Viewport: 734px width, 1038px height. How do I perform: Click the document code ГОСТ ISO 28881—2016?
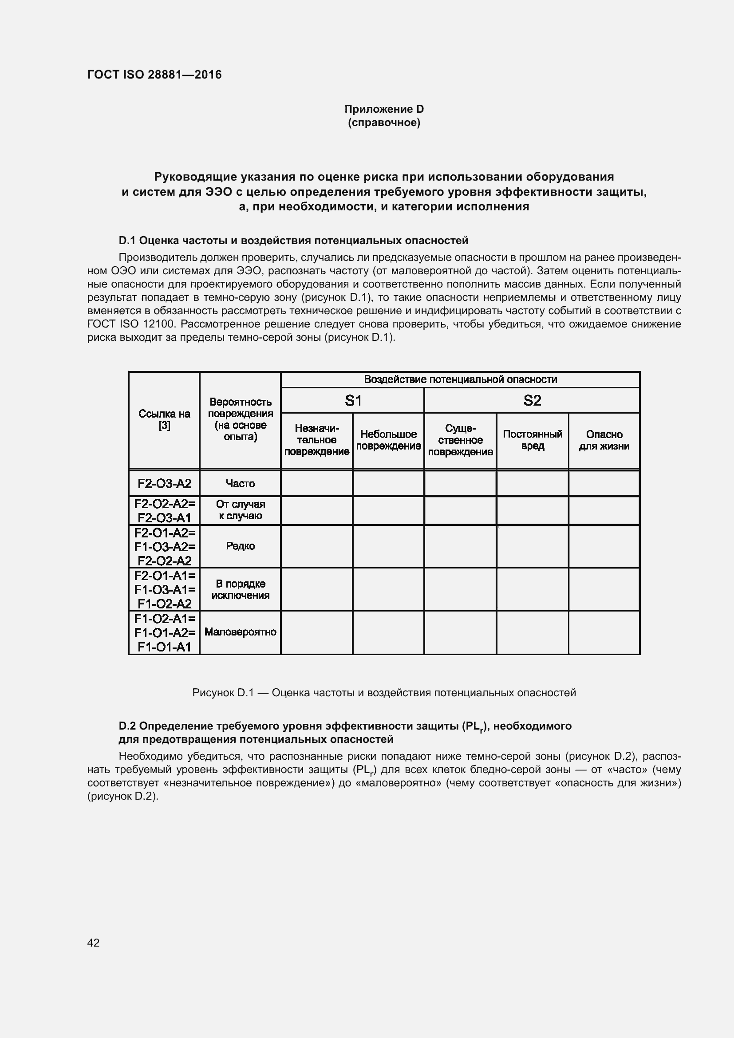(x=154, y=75)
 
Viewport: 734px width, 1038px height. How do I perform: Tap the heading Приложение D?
(x=384, y=109)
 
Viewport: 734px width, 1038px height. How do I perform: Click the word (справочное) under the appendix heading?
(x=384, y=122)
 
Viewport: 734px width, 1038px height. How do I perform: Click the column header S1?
(x=353, y=400)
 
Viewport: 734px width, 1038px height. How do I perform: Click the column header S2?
(x=532, y=400)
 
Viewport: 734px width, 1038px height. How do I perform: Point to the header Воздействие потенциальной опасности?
(x=460, y=379)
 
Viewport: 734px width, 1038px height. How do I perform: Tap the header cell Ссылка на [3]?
(x=164, y=419)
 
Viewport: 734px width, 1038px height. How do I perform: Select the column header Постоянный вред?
(x=533, y=440)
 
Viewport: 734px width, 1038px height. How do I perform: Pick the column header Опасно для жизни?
(x=604, y=440)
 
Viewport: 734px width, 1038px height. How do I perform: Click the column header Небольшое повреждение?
(x=388, y=440)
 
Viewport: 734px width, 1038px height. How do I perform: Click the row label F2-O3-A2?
(x=164, y=483)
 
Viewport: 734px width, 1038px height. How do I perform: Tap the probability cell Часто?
(x=240, y=483)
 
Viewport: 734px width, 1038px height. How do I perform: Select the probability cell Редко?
(x=240, y=546)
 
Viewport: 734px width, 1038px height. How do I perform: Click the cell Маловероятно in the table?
(x=240, y=631)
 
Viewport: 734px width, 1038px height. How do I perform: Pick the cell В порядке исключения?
(x=240, y=589)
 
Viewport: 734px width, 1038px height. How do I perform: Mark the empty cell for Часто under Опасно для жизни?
(x=604, y=483)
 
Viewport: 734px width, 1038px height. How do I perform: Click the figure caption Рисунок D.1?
(x=384, y=693)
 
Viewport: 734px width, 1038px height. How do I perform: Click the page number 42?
(x=93, y=943)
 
